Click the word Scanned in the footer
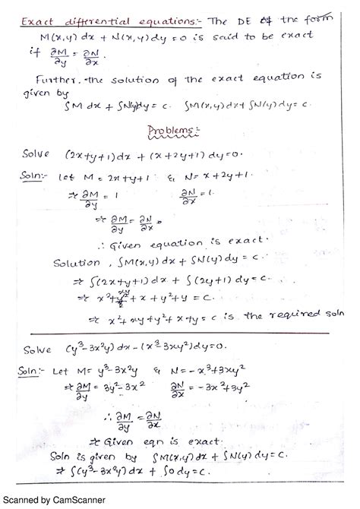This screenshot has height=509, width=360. pos(23,499)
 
